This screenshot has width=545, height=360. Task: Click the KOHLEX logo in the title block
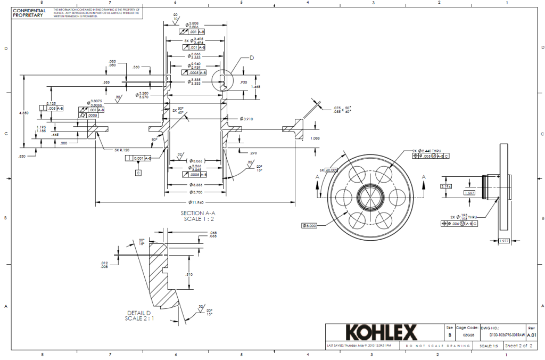[381, 333]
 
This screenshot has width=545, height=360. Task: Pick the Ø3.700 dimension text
[196, 192]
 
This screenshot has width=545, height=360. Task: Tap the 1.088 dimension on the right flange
[315, 138]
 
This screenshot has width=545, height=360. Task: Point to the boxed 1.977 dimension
[504, 241]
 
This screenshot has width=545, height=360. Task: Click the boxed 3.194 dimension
[446, 186]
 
